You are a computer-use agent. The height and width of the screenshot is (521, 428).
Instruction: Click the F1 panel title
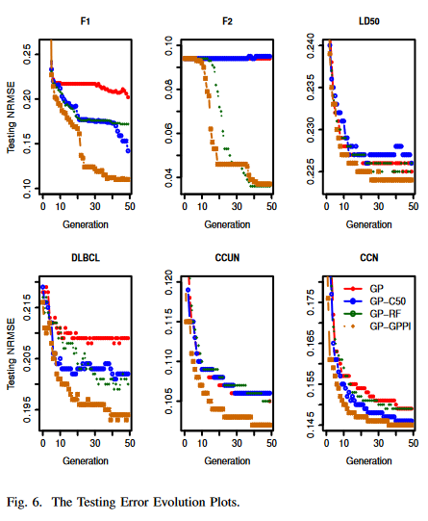(x=87, y=20)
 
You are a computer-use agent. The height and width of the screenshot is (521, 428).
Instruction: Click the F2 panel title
(x=228, y=20)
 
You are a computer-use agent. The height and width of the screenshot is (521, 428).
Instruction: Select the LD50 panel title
(x=368, y=20)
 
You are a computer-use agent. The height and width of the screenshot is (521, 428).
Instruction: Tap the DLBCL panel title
(x=87, y=258)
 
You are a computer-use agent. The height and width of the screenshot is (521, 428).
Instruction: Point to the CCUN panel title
(x=228, y=258)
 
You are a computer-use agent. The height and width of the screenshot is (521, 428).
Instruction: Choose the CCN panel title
(x=368, y=258)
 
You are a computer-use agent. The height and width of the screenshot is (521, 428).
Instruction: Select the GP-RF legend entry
(x=389, y=313)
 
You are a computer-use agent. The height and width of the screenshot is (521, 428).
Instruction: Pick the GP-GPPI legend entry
(x=391, y=326)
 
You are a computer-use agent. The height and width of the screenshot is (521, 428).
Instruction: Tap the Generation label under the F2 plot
(x=228, y=224)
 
